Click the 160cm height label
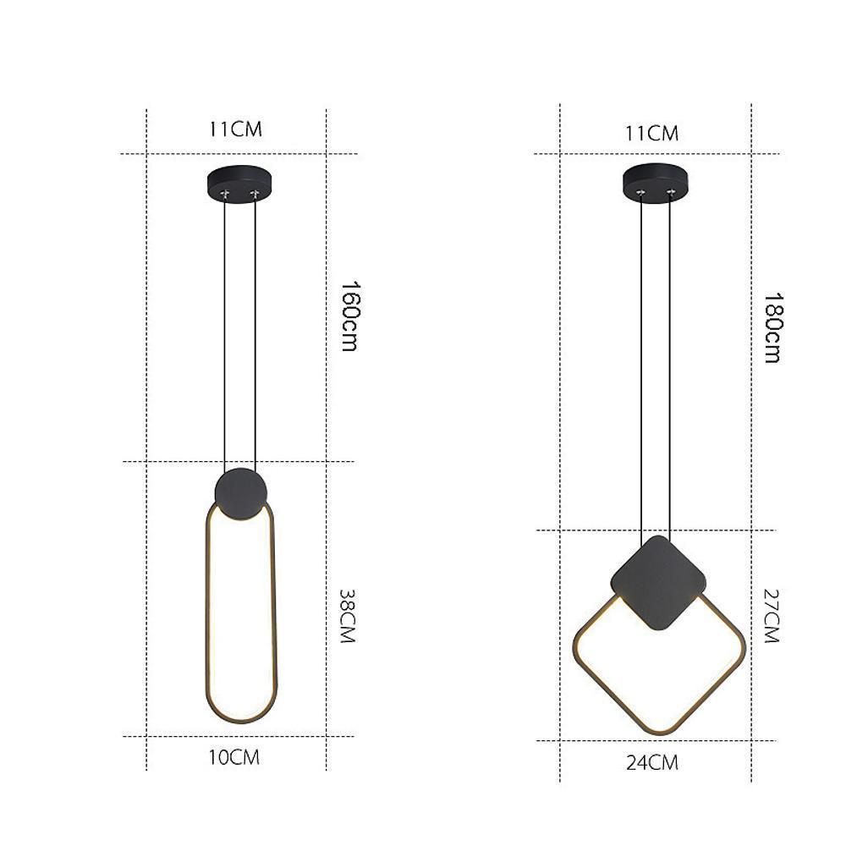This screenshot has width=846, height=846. pyautogui.click(x=348, y=316)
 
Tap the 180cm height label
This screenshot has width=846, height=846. pyautogui.click(x=772, y=327)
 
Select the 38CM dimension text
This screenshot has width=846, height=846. pyautogui.click(x=346, y=616)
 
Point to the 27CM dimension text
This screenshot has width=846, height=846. pyautogui.click(x=770, y=616)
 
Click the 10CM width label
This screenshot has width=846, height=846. pyautogui.click(x=234, y=758)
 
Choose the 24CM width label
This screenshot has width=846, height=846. pyautogui.click(x=652, y=762)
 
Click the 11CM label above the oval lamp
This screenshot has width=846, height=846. pyautogui.click(x=236, y=129)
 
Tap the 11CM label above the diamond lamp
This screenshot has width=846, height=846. pyautogui.click(x=652, y=133)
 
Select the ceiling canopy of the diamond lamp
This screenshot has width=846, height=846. pyautogui.click(x=656, y=180)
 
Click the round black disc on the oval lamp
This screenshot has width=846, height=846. pyautogui.click(x=241, y=493)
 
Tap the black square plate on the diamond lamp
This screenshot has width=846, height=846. pyautogui.click(x=658, y=582)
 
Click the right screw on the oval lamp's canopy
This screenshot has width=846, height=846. pyautogui.click(x=254, y=195)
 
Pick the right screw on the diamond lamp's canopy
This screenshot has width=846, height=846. pyautogui.click(x=671, y=194)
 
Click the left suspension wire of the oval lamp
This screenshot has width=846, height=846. pyautogui.click(x=225, y=338)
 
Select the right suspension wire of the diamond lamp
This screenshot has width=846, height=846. pyautogui.click(x=671, y=364)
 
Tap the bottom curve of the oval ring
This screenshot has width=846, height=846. pyautogui.click(x=241, y=722)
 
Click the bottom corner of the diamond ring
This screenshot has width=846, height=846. pyautogui.click(x=661, y=732)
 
